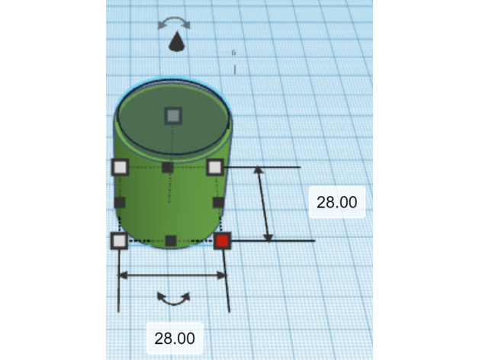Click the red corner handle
tap(222, 240)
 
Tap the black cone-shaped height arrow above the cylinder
tap(177, 41)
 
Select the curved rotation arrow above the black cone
tap(174, 21)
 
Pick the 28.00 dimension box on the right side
tap(337, 202)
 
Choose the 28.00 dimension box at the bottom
tap(175, 338)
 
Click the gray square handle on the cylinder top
tap(173, 116)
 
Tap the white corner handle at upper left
tap(120, 167)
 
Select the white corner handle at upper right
tap(215, 167)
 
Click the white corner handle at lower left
tap(119, 240)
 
